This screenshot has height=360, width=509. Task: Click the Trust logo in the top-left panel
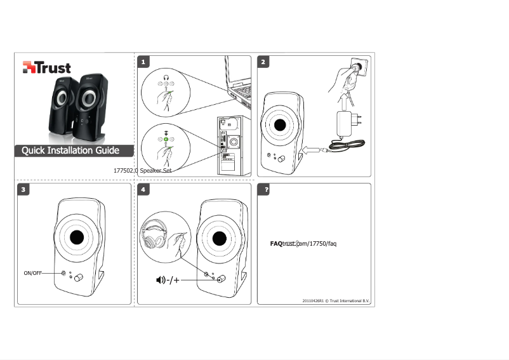[46, 67]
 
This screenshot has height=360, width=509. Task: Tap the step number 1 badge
[144, 62]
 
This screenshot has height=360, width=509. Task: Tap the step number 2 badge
[263, 62]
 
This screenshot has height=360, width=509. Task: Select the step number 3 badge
[24, 190]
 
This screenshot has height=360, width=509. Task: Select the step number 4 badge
[144, 190]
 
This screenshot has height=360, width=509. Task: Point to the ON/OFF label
[33, 273]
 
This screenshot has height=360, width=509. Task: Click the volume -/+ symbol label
[168, 280]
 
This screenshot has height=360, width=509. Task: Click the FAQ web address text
[302, 244]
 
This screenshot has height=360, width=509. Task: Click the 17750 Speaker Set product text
[142, 171]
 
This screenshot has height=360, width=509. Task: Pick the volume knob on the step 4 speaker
[220, 280]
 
